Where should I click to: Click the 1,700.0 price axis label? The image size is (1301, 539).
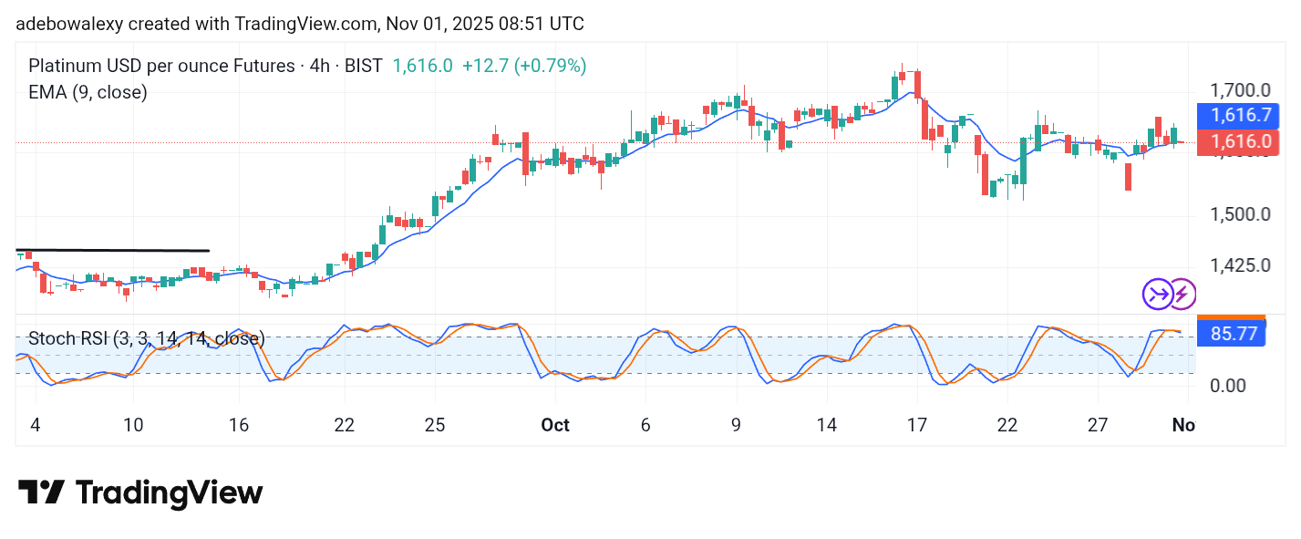1238,90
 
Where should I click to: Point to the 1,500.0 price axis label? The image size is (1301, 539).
1238,214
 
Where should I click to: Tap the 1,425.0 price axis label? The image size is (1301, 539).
1238,265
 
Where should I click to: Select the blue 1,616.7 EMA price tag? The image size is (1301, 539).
1238,115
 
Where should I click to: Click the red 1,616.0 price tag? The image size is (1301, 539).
1238,141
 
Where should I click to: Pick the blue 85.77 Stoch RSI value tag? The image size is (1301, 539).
1233,334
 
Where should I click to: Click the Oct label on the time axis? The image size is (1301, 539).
555,425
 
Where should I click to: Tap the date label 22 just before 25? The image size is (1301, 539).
345,425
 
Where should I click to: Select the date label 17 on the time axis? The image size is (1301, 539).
917,425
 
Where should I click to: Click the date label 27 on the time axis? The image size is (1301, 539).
1098,425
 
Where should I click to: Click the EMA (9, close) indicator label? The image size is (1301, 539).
88,92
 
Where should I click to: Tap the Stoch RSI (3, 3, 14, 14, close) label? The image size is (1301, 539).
146,339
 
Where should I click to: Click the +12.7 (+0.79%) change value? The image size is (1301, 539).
524,66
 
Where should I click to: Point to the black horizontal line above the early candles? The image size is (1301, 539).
113,250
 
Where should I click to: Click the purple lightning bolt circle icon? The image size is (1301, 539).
1182,294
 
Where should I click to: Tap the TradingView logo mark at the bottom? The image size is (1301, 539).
41,493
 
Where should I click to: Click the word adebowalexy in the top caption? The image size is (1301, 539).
66,24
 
